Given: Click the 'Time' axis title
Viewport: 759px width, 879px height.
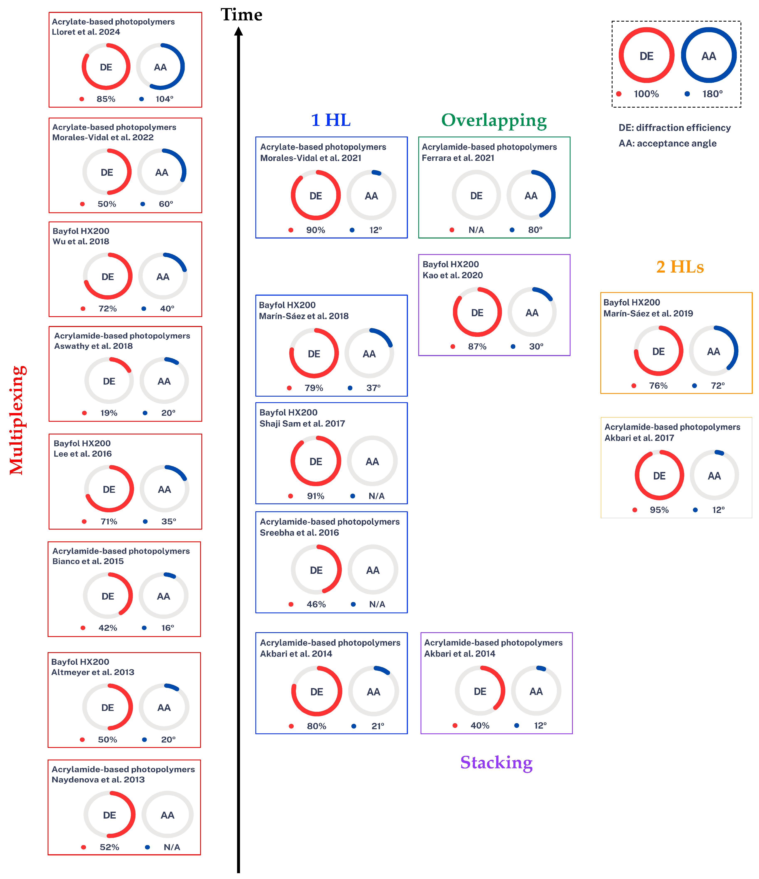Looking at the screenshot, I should pyautogui.click(x=241, y=15).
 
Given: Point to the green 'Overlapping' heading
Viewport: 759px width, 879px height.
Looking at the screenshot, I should pyautogui.click(x=494, y=120).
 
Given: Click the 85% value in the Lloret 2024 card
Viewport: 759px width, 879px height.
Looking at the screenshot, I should pyautogui.click(x=106, y=99).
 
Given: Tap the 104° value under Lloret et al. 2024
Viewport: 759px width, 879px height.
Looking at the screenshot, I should pyautogui.click(x=164, y=99).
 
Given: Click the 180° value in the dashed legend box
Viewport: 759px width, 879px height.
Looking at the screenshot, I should pyautogui.click(x=712, y=94).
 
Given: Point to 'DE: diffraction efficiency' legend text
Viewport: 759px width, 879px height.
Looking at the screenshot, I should pyautogui.click(x=674, y=128).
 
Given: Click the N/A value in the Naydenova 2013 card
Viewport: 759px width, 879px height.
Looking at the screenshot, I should pyautogui.click(x=172, y=847).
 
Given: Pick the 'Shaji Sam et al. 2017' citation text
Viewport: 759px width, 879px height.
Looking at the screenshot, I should pyautogui.click(x=302, y=423).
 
